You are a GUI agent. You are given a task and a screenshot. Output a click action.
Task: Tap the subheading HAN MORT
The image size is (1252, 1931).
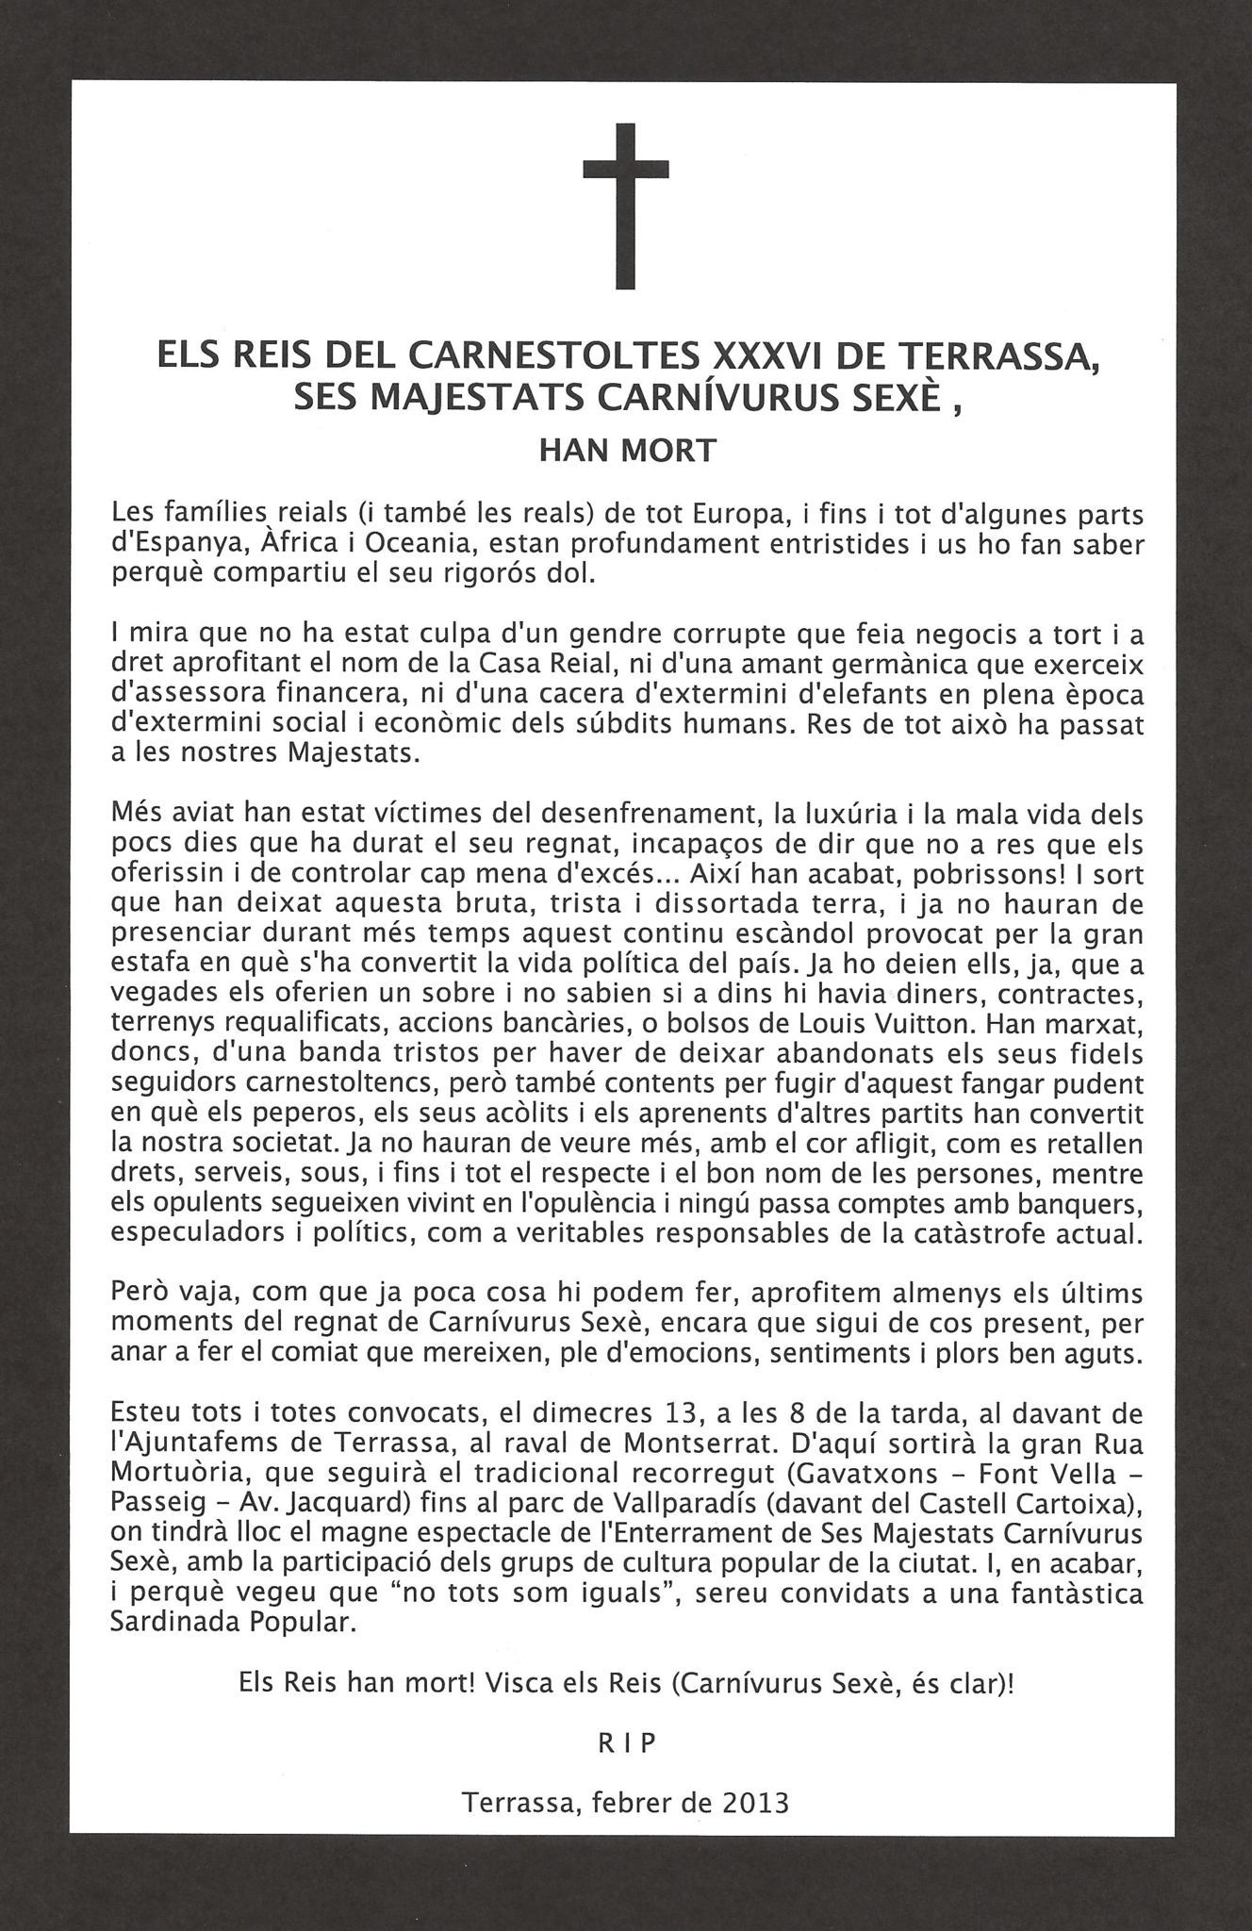point(628,451)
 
